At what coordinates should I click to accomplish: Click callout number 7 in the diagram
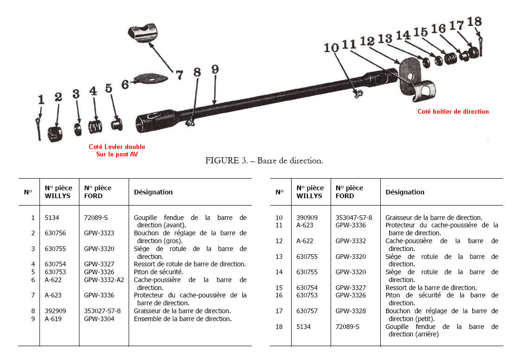pyautogui.click(x=179, y=75)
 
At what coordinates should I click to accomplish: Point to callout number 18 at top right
pyautogui.click(x=474, y=21)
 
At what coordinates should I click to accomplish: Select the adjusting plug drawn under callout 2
pyautogui.click(x=55, y=135)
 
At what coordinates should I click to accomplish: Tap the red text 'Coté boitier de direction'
pyautogui.click(x=453, y=111)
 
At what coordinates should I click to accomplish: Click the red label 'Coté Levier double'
pyautogui.click(x=117, y=147)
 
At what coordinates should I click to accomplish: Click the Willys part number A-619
pyautogui.click(x=53, y=319)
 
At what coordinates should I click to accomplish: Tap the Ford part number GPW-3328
pyautogui.click(x=351, y=311)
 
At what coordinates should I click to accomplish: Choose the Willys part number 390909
pyautogui.click(x=307, y=217)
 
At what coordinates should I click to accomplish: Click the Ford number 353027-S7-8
pyautogui.click(x=102, y=311)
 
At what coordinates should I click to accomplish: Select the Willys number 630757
pyautogui.click(x=307, y=311)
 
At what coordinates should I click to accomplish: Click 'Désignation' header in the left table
pyautogui.click(x=153, y=192)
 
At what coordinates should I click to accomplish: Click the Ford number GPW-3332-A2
pyautogui.click(x=104, y=280)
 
